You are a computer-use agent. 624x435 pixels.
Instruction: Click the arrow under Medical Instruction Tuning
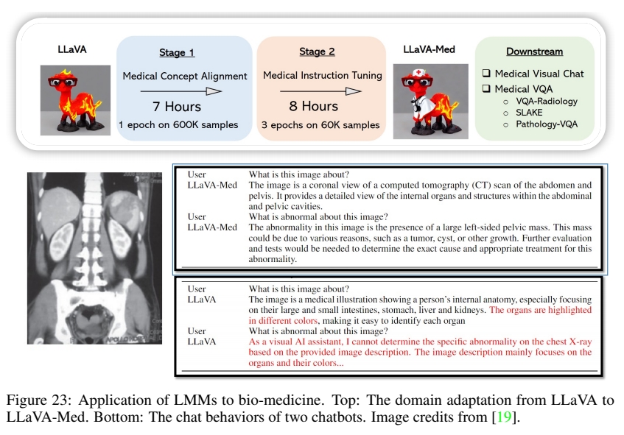322,91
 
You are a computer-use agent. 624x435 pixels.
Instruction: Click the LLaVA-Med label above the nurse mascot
428,49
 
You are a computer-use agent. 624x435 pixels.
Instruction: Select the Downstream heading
534,52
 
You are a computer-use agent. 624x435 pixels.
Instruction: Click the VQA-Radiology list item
546,102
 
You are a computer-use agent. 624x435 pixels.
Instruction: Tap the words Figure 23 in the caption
45,401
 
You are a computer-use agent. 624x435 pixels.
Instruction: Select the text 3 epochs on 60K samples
320,125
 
